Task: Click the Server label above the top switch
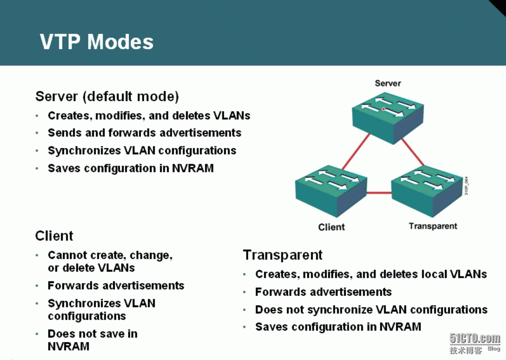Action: tap(388, 83)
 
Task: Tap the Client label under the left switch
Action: tap(331, 227)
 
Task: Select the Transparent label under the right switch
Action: tap(433, 226)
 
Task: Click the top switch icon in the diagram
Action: tap(388, 118)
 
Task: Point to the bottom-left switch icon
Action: tap(331, 191)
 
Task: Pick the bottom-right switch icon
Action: tap(427, 191)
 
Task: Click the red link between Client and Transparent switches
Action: tap(379, 193)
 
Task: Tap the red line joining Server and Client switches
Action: tap(356, 152)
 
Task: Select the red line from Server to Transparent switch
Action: tap(413, 152)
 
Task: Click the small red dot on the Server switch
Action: tap(383, 109)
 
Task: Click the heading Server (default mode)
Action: tap(107, 97)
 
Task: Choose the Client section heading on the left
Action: tap(54, 236)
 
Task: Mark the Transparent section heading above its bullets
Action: tap(283, 255)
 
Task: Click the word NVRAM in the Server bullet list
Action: tap(193, 168)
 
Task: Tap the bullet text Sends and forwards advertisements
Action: tap(145, 133)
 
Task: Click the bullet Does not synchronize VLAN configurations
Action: tap(371, 310)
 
